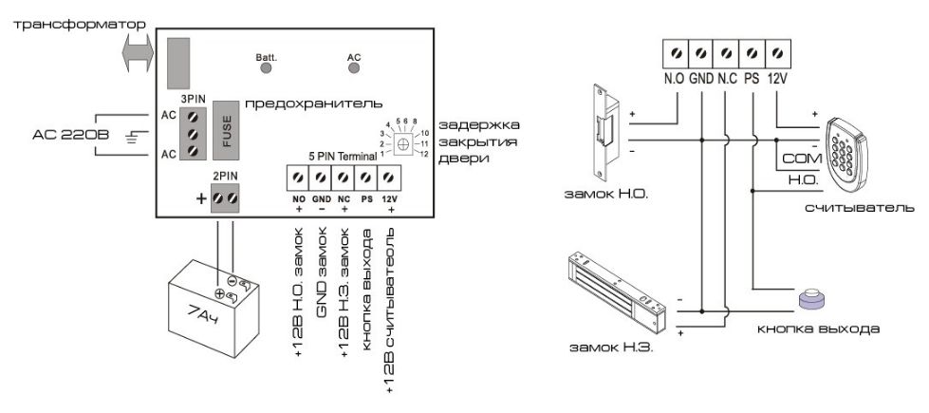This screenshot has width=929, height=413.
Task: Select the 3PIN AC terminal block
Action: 194,133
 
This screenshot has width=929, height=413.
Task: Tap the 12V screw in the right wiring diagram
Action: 777,52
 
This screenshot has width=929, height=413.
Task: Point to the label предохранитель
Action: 313,102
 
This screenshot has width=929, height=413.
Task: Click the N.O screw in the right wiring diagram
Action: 675,52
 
